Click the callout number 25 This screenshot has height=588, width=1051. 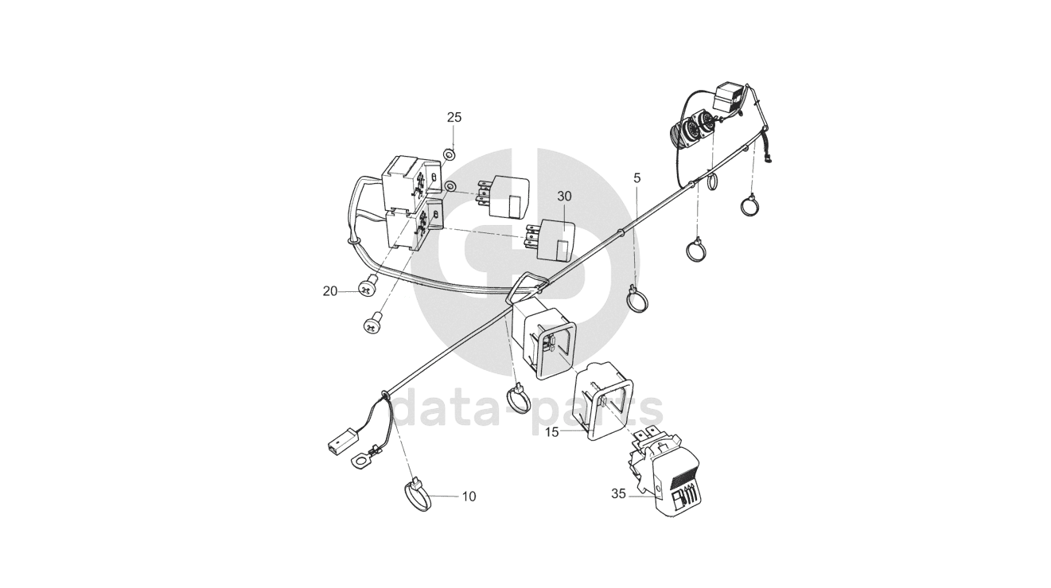[x=453, y=117]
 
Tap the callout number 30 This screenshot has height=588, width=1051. [x=564, y=196]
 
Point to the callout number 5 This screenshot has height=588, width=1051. [x=636, y=177]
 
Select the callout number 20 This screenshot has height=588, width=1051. [x=330, y=291]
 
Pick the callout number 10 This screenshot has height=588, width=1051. [x=469, y=496]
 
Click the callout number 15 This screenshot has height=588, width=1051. [x=552, y=431]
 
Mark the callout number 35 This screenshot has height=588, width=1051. [x=619, y=493]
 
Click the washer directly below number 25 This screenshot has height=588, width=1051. [x=449, y=153]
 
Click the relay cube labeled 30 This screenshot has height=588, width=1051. [x=557, y=238]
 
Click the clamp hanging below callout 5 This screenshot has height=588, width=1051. [x=637, y=301]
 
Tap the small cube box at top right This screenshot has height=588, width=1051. [x=731, y=99]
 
